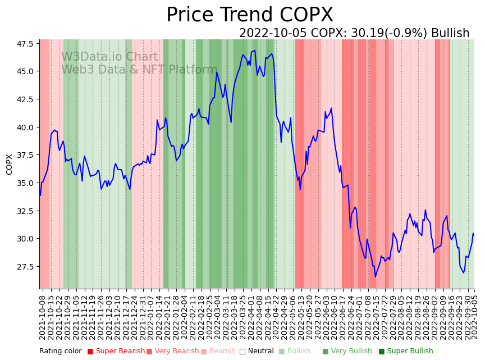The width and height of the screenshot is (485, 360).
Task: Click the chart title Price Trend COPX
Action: click(249, 15)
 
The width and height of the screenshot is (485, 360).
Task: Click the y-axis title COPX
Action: click(10, 164)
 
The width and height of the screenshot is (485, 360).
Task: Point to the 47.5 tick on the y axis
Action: click(25, 44)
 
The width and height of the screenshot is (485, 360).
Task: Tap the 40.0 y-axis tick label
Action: click(25, 127)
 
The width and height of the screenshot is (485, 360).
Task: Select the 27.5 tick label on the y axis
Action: click(25, 267)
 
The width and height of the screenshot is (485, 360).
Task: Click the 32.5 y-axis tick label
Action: click(25, 211)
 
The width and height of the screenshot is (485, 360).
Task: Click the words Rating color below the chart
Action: click(60, 352)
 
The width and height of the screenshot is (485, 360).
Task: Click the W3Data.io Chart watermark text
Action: click(109, 57)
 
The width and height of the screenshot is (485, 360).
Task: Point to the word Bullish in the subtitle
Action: click(450, 33)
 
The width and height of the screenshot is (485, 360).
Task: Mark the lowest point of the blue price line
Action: click(376, 277)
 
